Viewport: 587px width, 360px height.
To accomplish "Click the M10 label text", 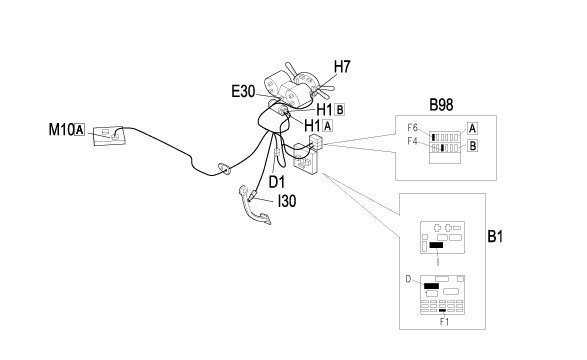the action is (x=61, y=130).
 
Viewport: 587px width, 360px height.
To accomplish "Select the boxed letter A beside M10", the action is (x=80, y=130).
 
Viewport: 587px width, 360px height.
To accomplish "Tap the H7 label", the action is (x=342, y=67).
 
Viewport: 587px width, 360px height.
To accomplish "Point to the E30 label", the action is (x=243, y=91).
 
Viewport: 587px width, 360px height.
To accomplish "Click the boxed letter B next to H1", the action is (x=340, y=110).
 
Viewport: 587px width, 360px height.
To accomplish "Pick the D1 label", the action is (x=277, y=182).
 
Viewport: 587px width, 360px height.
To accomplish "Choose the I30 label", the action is (x=287, y=201).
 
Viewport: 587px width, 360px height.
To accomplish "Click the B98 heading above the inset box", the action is (x=441, y=105).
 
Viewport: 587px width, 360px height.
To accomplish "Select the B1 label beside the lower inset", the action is (x=495, y=237).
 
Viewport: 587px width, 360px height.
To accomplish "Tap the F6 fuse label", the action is (x=413, y=128).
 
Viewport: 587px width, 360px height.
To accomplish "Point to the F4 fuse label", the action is (x=413, y=142).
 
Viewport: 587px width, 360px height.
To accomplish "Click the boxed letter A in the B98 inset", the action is (x=472, y=129).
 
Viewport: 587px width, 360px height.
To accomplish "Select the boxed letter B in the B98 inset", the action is (x=473, y=146).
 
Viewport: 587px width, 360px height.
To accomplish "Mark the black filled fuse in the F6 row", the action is (x=434, y=137).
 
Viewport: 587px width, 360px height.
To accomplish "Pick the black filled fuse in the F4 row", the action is (x=442, y=148).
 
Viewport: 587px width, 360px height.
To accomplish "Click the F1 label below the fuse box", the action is (x=444, y=322).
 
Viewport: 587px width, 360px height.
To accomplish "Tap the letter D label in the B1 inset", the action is (x=408, y=279).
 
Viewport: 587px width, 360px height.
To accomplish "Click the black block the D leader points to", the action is (x=431, y=286).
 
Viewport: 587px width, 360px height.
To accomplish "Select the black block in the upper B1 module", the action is (x=436, y=245).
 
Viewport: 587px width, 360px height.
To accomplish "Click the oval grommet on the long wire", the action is (x=225, y=169).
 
